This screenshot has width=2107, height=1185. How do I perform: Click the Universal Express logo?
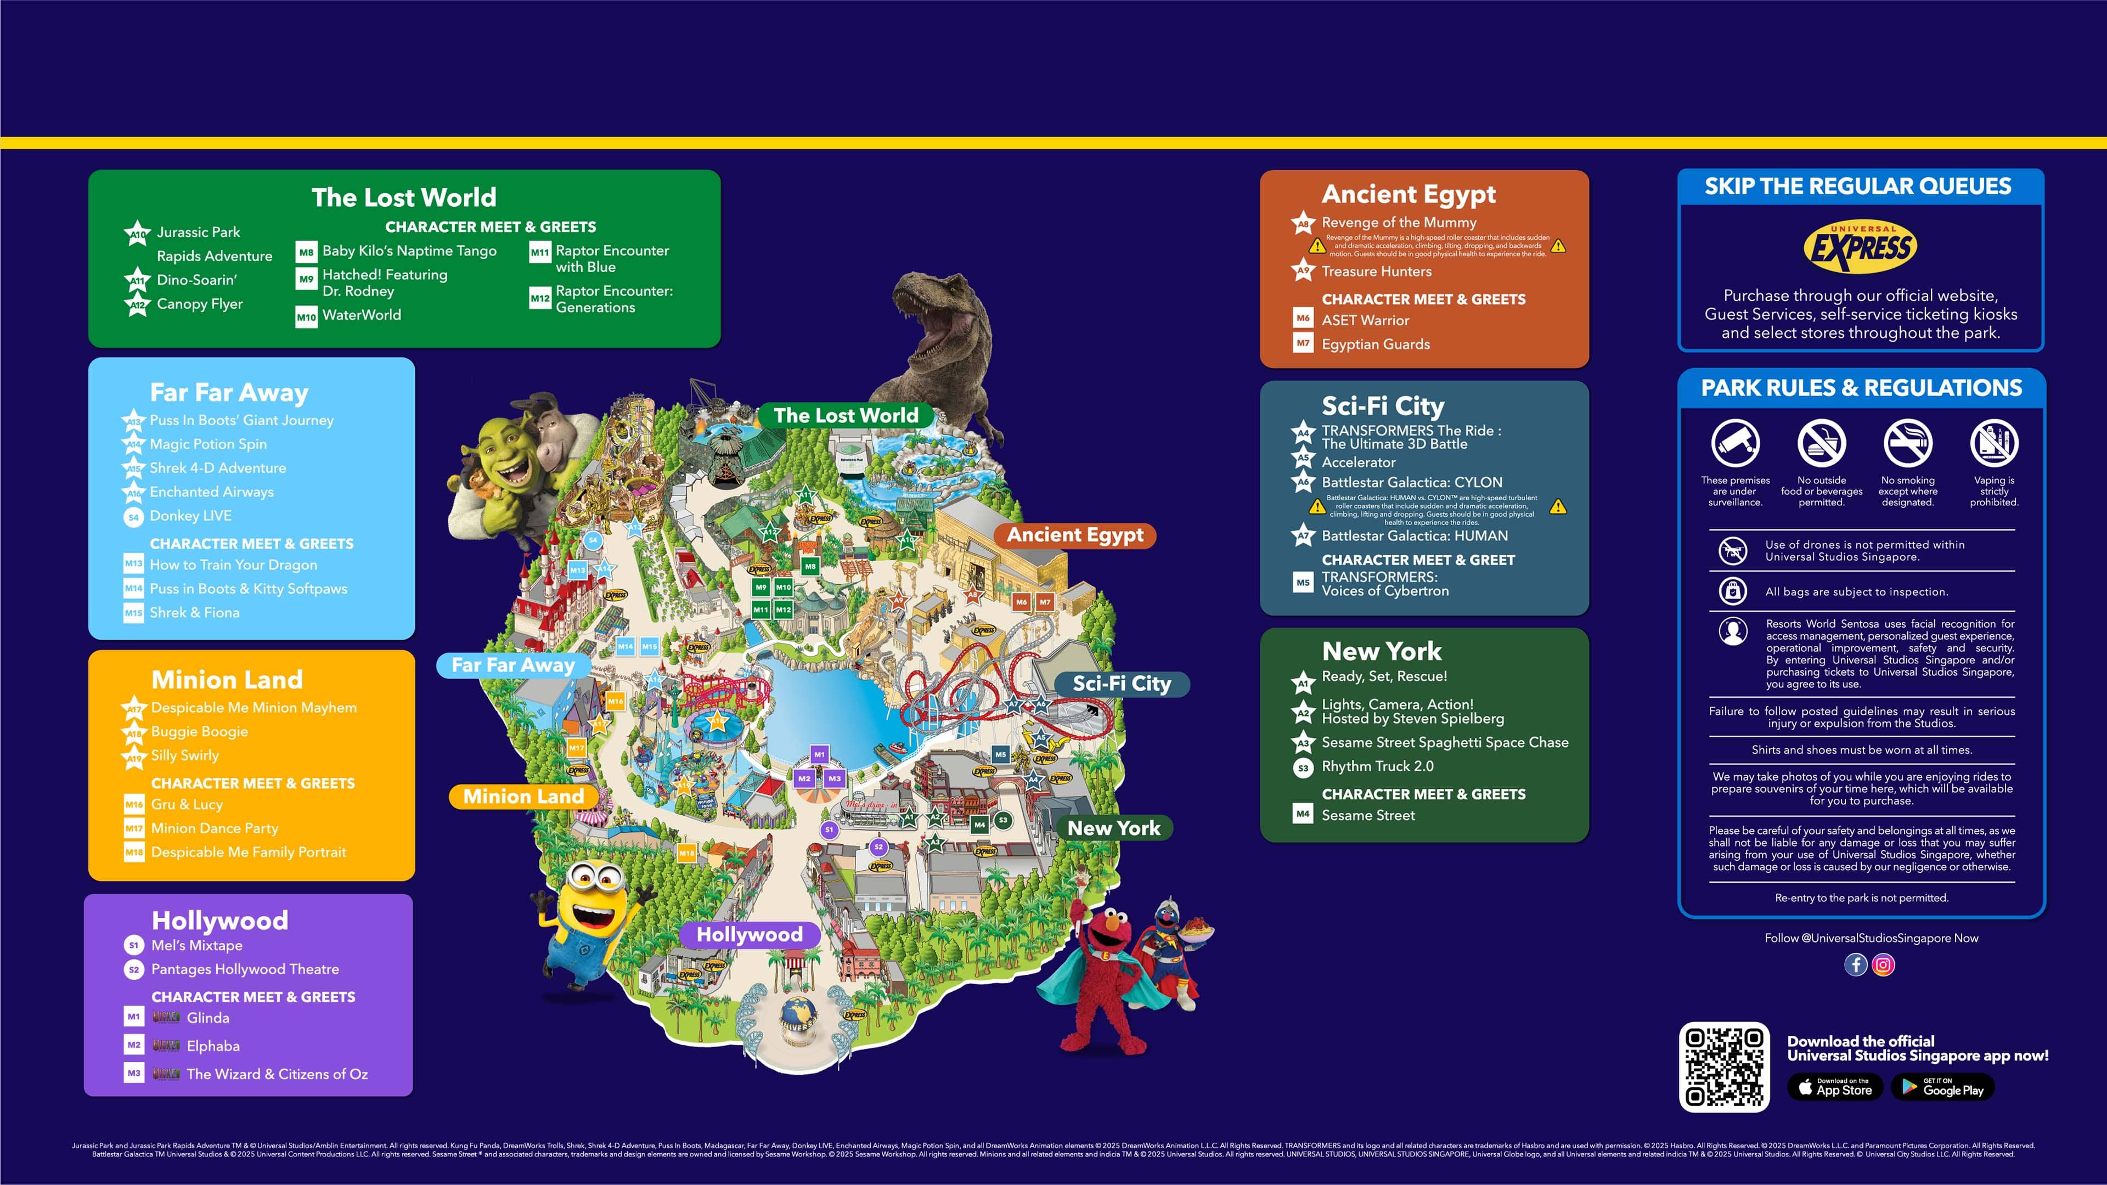click(x=1860, y=246)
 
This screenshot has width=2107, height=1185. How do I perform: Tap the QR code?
click(x=1723, y=1066)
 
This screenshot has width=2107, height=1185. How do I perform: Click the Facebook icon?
click(x=1855, y=965)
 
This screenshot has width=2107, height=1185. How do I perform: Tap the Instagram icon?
click(x=1883, y=965)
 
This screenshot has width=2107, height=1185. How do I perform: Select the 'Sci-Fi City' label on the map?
click(x=1122, y=684)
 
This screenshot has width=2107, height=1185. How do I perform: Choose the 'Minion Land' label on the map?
click(x=523, y=797)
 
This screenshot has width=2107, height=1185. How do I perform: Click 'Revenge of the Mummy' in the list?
click(x=1399, y=222)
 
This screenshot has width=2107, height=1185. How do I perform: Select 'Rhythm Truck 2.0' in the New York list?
click(x=1377, y=766)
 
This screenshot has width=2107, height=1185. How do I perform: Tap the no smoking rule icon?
click(x=1907, y=443)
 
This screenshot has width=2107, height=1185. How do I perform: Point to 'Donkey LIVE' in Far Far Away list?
click(x=190, y=516)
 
